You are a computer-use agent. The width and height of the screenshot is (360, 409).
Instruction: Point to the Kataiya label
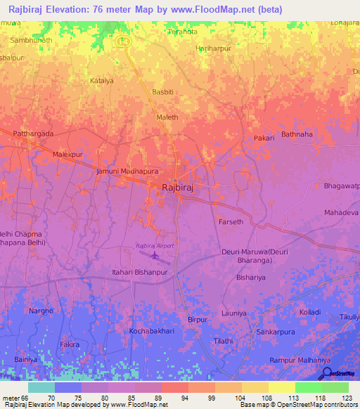coord(101,81)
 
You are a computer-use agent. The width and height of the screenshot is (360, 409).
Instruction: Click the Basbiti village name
coord(163,91)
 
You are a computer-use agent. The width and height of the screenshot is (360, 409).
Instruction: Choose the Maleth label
coord(167,117)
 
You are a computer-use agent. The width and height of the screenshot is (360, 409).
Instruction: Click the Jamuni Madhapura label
coord(127,171)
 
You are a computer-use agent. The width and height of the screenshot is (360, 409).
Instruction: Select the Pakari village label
coord(264,138)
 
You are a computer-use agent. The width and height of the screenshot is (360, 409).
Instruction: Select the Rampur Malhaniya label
coord(295,361)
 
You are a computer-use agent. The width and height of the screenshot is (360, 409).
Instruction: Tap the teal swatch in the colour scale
coord(41,387)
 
